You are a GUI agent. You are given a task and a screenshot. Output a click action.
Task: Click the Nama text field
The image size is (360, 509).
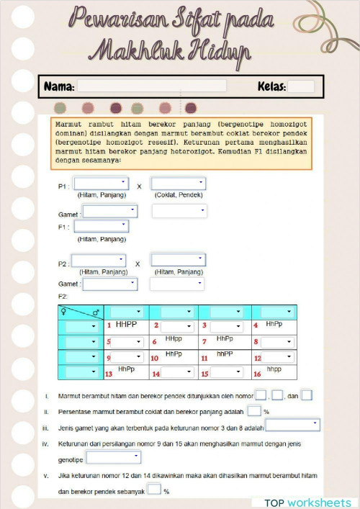151,86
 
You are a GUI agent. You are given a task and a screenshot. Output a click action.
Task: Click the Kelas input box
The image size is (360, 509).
301,86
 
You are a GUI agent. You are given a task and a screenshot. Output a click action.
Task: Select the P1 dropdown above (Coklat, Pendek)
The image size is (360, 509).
178,184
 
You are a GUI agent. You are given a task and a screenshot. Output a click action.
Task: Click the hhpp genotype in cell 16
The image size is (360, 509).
274,369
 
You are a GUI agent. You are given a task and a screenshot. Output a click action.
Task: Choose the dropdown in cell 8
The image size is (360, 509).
277,342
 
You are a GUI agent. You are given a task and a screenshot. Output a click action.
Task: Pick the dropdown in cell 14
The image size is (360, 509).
176,373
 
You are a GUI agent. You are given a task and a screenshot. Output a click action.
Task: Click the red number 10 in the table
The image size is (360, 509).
155,358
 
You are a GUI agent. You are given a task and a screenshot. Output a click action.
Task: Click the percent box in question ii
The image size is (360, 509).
254,411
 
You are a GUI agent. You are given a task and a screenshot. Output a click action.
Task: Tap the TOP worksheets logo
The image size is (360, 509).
307,502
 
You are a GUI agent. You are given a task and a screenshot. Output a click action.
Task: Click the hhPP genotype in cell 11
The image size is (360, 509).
225,354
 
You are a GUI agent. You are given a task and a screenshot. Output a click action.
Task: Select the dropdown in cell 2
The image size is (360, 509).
176,327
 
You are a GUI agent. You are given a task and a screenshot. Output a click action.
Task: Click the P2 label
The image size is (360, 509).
63,264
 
